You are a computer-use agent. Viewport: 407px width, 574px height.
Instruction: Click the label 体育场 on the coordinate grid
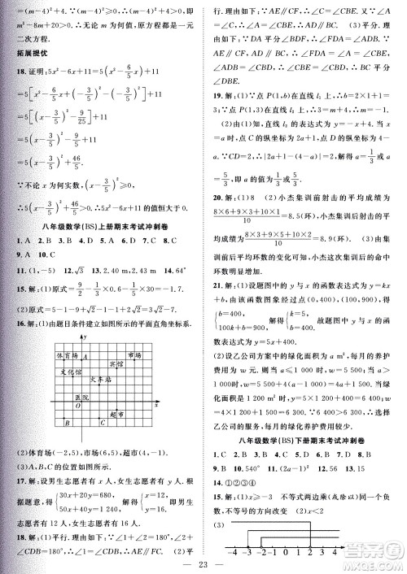coord(67,356)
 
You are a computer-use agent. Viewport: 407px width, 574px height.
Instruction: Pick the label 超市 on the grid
coord(116,415)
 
